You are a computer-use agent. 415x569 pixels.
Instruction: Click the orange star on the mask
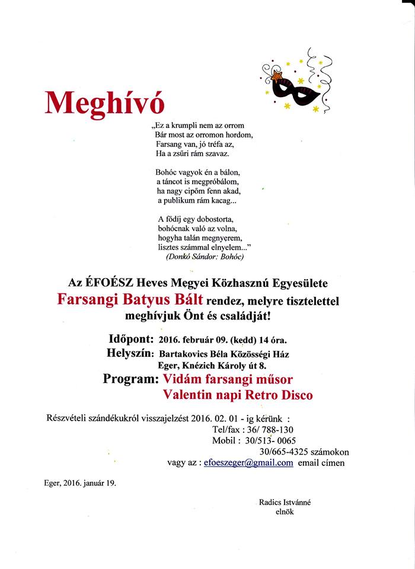pyautogui.click(x=276, y=76)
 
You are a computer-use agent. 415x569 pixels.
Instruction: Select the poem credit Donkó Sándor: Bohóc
pyautogui.click(x=201, y=257)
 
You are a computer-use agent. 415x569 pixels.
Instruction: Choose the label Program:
pyautogui.click(x=130, y=379)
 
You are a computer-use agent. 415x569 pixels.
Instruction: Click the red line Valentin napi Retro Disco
pyautogui.click(x=238, y=395)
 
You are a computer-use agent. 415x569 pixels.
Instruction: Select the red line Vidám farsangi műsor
pyautogui.click(x=228, y=379)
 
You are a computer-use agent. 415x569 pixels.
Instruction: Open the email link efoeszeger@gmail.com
pyautogui.click(x=248, y=463)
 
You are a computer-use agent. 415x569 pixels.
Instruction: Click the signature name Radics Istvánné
pyautogui.click(x=285, y=502)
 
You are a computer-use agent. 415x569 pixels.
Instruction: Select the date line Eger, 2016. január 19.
pyautogui.click(x=80, y=482)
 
